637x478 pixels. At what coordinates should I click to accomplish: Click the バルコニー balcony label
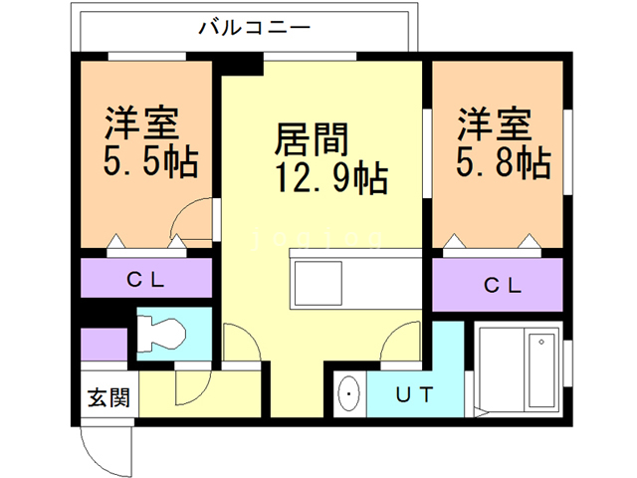click(243, 27)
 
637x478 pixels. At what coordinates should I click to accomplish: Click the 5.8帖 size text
click(504, 161)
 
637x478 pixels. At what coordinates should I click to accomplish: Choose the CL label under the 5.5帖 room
click(145, 280)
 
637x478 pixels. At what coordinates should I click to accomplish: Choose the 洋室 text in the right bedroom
click(495, 124)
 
